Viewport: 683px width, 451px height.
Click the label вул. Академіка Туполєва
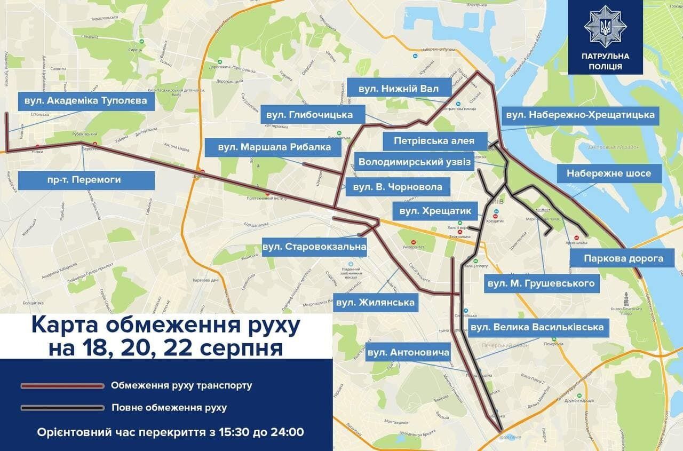pos(85,101)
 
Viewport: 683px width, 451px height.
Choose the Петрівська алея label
pos(434,141)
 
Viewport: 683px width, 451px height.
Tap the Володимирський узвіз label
pos(415,162)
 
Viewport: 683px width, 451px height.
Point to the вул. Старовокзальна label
pos(314,247)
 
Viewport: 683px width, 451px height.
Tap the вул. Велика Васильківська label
pos(537,327)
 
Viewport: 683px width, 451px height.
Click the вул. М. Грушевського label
pos(541,283)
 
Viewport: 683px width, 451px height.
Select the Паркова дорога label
pos(623,258)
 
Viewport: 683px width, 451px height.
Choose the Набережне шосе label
pos(609,173)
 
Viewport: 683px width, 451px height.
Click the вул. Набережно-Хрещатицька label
pos(580,115)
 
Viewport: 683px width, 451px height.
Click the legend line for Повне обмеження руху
pos(62,408)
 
